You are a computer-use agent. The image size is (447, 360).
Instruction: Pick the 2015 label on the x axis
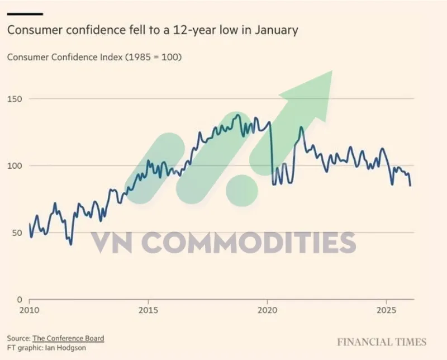pyautogui.click(x=148, y=310)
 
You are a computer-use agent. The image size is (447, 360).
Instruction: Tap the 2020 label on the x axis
pyautogui.click(x=268, y=310)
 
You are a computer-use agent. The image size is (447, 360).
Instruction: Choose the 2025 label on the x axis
pyautogui.click(x=386, y=310)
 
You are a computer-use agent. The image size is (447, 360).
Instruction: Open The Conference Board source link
pyautogui.click(x=68, y=338)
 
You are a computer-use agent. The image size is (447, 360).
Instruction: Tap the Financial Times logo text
pyautogui.click(x=382, y=342)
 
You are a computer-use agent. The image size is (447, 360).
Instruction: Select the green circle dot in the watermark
pyautogui.click(x=242, y=190)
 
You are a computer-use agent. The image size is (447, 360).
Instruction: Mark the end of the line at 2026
pyautogui.click(x=411, y=186)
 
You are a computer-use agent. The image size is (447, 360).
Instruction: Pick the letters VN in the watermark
pyautogui.click(x=116, y=243)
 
